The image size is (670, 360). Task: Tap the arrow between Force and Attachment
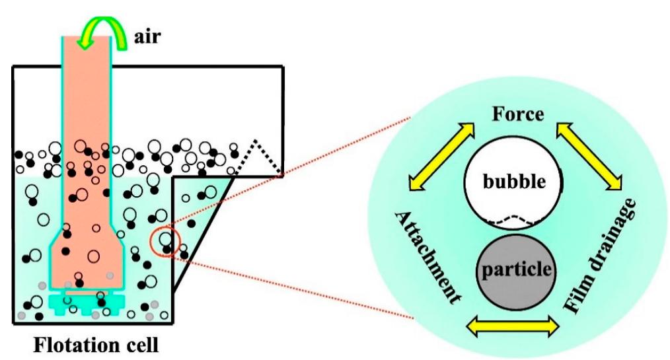441,157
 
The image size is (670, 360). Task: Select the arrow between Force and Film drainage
591,156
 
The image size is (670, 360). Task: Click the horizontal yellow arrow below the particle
513,325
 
